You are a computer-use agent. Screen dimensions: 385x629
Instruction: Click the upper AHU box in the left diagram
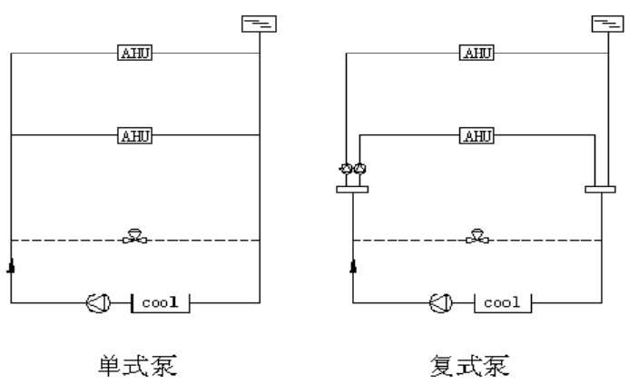(x=135, y=53)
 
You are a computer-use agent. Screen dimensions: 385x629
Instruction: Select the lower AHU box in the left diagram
(x=135, y=136)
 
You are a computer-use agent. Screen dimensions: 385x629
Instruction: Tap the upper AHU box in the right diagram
(x=477, y=53)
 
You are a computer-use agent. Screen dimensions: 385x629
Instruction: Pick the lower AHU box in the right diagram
(x=477, y=136)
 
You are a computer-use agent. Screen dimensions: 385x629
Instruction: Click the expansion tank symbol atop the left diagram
(x=260, y=24)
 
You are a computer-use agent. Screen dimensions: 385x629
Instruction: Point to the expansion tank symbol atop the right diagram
(x=603, y=24)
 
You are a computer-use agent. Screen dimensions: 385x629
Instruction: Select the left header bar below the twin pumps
(x=352, y=189)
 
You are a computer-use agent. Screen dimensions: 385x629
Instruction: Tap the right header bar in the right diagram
(x=600, y=189)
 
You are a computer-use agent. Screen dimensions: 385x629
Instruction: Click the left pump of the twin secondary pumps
(x=346, y=169)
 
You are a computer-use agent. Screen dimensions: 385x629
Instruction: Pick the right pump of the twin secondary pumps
(x=360, y=169)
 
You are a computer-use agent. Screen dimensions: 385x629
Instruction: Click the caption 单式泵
(x=135, y=368)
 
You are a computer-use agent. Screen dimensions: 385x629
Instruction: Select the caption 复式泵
(x=477, y=368)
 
